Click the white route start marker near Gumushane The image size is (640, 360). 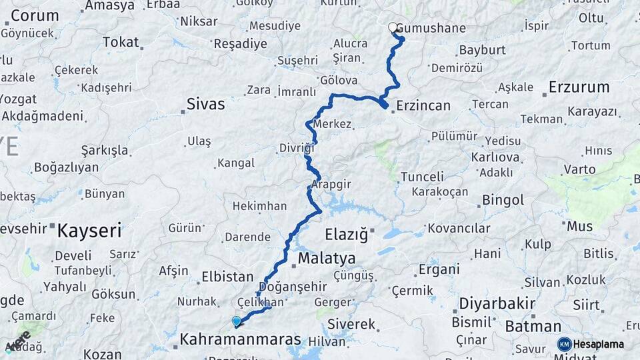393,28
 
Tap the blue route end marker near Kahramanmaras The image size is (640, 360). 236,321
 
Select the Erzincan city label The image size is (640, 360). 423,105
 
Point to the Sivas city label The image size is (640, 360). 205,105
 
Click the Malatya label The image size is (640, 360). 327,258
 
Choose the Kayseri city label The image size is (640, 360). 89,231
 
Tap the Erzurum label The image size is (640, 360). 579,87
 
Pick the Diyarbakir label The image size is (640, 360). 497,304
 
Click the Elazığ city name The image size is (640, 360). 346,234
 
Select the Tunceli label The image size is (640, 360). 422,177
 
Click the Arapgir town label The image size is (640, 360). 331,184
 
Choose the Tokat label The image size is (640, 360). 121,43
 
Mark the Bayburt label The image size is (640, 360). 481,50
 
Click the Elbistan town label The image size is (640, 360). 227,277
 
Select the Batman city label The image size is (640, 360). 533,327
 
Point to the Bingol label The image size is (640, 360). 503,200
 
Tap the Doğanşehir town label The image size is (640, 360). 292,287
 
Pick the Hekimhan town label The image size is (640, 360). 259,207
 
